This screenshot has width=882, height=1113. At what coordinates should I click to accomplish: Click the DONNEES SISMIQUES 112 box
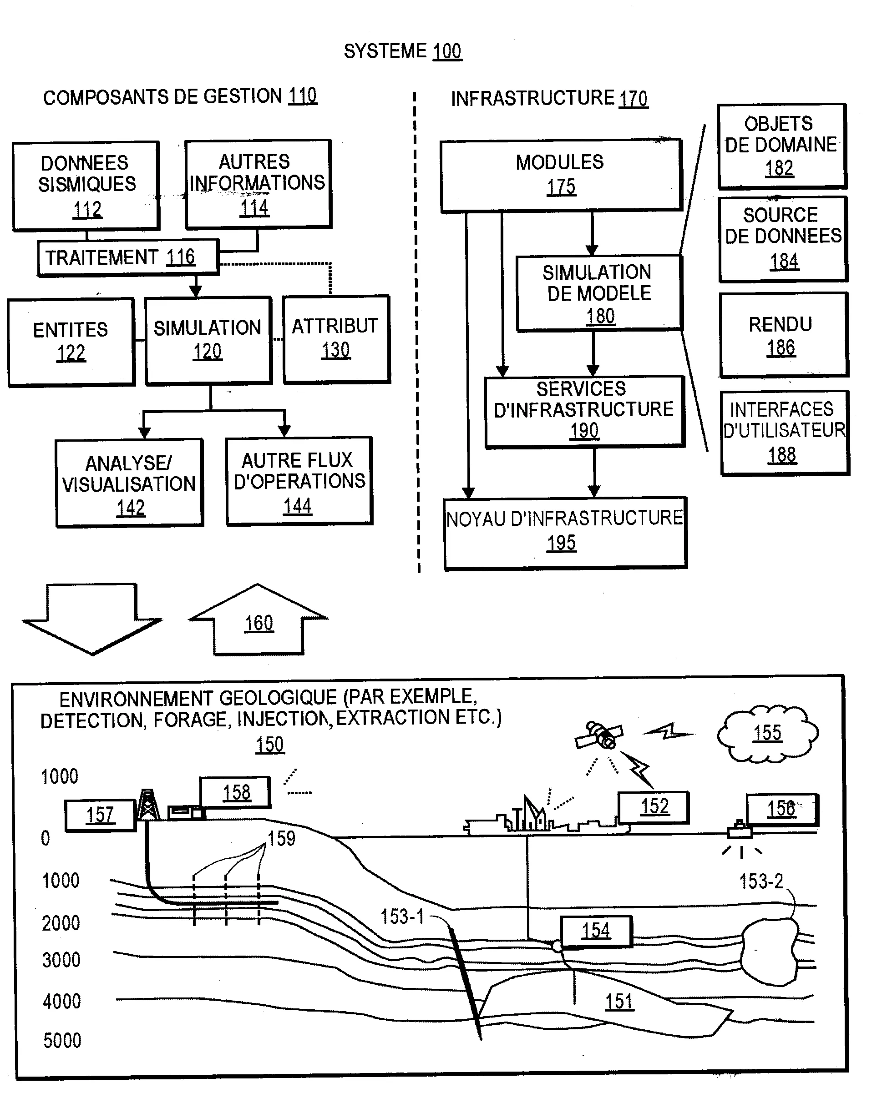[x=86, y=186]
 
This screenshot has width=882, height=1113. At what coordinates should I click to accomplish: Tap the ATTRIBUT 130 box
[x=337, y=339]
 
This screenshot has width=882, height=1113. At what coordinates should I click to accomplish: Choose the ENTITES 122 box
[x=71, y=342]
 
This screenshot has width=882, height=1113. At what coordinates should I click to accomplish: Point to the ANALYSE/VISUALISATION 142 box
[x=130, y=483]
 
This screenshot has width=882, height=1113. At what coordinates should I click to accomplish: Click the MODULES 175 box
[x=561, y=176]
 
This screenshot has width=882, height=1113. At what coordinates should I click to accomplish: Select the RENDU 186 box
[x=784, y=335]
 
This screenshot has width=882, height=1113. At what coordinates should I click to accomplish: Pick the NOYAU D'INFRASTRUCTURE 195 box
[x=565, y=533]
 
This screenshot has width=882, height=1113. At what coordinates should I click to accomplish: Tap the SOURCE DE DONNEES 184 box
[x=783, y=239]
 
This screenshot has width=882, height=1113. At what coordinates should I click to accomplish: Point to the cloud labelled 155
[x=767, y=733]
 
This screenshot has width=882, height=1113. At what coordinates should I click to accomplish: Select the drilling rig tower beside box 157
[x=148, y=805]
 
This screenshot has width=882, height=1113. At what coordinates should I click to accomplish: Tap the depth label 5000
[x=62, y=1041]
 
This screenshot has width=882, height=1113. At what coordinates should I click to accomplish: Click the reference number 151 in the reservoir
[x=619, y=1002]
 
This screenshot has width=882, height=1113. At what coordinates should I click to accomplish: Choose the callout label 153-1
[x=402, y=917]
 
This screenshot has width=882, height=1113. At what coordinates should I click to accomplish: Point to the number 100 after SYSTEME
[x=447, y=51]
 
